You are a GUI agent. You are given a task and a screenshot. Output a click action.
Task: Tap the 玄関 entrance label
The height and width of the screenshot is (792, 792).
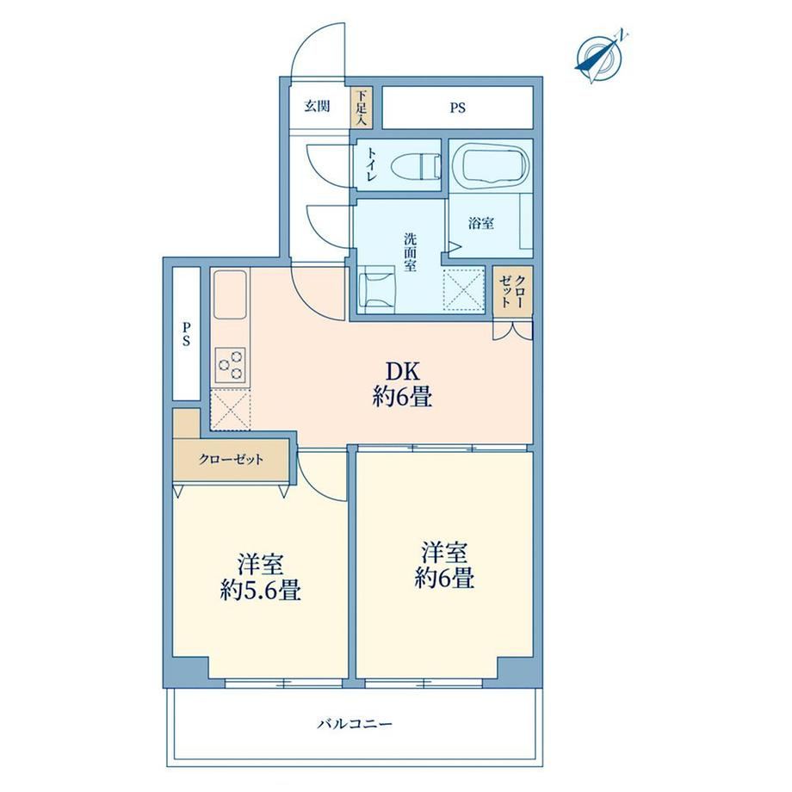click(317, 106)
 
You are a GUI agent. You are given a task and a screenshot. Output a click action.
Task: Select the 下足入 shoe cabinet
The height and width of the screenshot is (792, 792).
click(362, 108)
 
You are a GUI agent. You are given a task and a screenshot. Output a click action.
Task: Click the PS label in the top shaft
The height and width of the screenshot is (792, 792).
click(458, 108)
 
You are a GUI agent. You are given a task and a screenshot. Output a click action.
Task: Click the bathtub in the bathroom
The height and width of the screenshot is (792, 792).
click(490, 164)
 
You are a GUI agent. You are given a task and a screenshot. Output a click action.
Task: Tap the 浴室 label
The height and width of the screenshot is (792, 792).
click(480, 223)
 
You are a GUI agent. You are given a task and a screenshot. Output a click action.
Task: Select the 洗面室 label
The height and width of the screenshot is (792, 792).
click(410, 252)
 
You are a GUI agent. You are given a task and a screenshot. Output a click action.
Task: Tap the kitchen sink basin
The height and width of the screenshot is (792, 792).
click(230, 294)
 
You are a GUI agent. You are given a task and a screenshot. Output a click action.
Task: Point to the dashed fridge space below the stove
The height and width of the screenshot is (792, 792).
click(231, 410)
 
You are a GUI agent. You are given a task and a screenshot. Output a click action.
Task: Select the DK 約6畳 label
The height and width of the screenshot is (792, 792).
click(403, 385)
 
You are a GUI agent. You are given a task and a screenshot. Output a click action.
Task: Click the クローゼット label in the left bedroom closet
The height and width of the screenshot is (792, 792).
click(231, 459)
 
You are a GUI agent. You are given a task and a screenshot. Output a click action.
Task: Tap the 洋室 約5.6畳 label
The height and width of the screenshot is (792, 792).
click(261, 578)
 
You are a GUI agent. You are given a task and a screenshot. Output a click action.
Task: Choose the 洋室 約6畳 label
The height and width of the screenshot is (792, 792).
click(444, 566)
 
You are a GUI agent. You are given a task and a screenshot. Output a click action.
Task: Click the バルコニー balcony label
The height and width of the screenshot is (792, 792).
click(355, 724)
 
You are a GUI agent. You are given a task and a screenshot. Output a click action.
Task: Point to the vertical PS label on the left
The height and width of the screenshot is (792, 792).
click(187, 334)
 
